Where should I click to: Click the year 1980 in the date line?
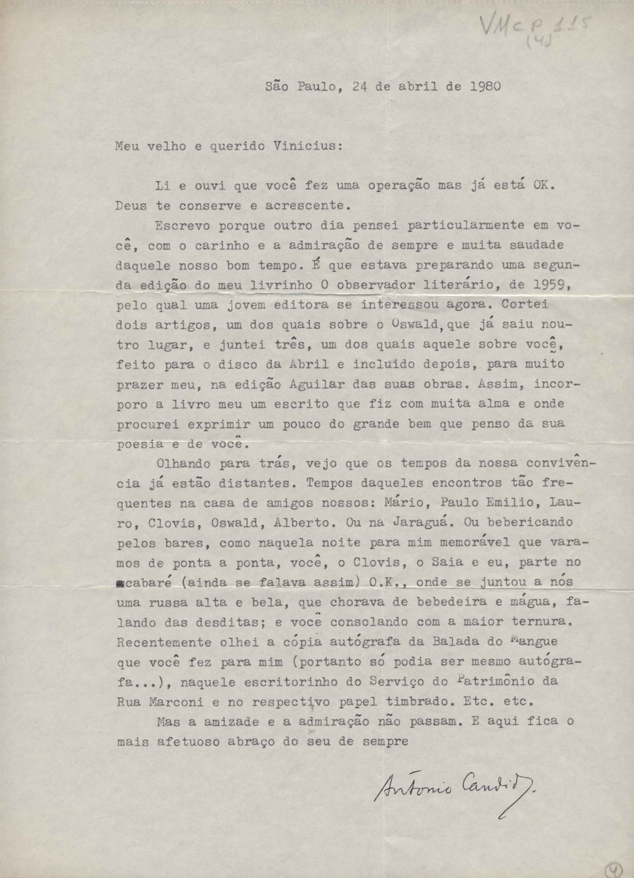pyautogui.click(x=485, y=86)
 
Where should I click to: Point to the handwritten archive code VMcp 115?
pyautogui.click(x=534, y=27)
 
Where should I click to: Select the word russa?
pyautogui.click(x=168, y=602)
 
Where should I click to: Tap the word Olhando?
pyautogui.click(x=183, y=463)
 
